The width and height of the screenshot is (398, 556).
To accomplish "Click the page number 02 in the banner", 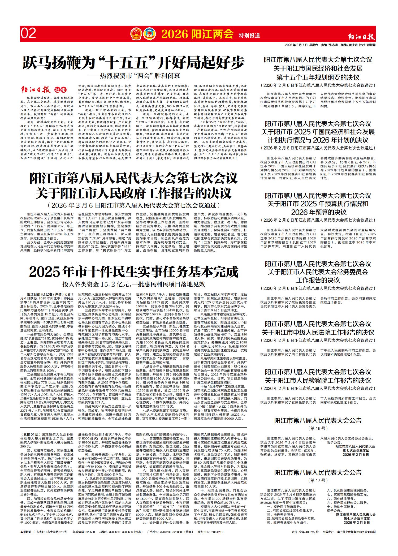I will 29,34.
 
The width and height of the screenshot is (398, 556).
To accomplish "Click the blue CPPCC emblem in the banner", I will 150,34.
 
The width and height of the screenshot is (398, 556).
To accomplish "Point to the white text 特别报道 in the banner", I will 249,35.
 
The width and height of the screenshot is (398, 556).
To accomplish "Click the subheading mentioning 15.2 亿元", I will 134,284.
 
